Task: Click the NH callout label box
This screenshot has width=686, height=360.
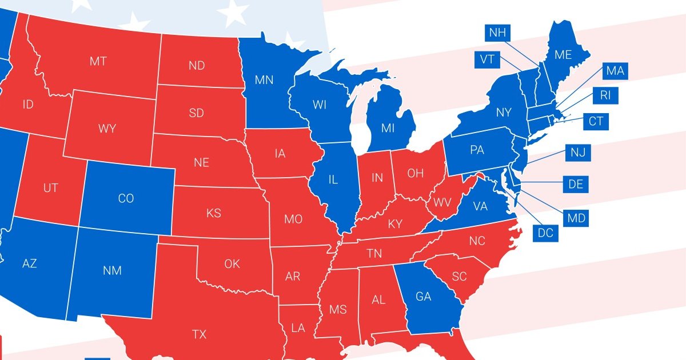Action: [497, 33]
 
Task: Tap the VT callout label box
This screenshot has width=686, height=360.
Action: [487, 59]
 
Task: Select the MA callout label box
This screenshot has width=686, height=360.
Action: [615, 71]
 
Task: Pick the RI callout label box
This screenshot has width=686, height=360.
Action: [605, 95]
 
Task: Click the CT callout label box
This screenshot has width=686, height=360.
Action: [595, 121]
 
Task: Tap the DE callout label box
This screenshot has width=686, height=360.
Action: [575, 185]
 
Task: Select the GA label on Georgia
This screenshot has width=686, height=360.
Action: [424, 297]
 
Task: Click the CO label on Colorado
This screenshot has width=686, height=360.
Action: [126, 198]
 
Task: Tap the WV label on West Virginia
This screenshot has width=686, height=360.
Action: [442, 203]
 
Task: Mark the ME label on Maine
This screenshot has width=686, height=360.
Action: [563, 55]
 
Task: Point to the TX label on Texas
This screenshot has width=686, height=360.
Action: [199, 334]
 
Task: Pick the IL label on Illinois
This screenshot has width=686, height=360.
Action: [333, 179]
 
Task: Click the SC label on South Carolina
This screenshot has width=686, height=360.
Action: [459, 277]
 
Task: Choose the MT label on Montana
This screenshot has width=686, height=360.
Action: [98, 61]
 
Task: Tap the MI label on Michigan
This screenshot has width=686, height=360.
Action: [388, 128]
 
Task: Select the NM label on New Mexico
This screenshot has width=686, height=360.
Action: [112, 270]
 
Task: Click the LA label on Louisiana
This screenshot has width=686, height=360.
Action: [297, 328]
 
